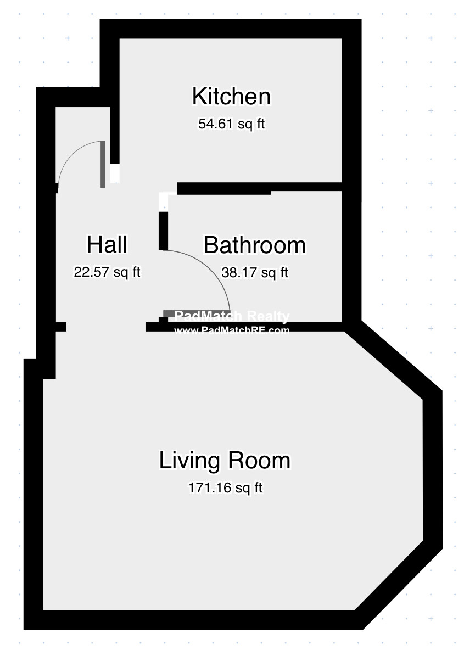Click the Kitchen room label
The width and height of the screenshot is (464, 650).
(x=231, y=97)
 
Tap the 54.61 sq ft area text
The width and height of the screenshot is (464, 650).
(x=231, y=124)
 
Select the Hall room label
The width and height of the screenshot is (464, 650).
(x=107, y=244)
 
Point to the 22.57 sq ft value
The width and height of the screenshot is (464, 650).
(x=107, y=272)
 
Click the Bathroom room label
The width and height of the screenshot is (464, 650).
(x=254, y=245)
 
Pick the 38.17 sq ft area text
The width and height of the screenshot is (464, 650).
(x=254, y=272)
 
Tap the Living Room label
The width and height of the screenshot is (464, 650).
(x=225, y=460)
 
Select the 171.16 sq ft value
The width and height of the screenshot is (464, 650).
(x=225, y=487)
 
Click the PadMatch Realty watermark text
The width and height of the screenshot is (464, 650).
(x=232, y=316)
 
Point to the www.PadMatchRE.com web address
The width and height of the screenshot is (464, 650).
(x=232, y=330)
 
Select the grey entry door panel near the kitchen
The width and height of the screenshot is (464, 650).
(x=103, y=164)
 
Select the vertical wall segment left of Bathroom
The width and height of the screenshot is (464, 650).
(x=163, y=230)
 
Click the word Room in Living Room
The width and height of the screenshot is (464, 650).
(x=260, y=460)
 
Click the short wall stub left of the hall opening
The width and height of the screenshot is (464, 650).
(x=61, y=327)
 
